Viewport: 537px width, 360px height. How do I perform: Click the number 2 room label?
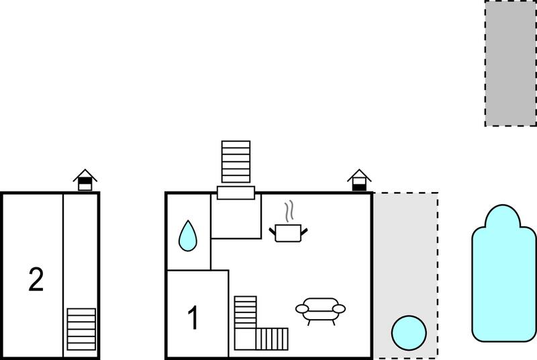(x=36, y=279)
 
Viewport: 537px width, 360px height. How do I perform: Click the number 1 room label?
(x=193, y=318)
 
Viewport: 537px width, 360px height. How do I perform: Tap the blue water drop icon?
(x=188, y=236)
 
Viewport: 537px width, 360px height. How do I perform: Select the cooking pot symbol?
(x=288, y=233)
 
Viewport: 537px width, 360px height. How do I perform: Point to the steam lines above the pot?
(x=289, y=212)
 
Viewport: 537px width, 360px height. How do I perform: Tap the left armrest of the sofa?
(x=302, y=309)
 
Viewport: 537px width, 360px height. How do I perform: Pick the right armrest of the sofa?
(x=339, y=309)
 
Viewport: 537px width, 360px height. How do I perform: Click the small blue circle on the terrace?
(x=409, y=333)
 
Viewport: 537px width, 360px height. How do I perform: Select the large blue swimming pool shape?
(x=504, y=273)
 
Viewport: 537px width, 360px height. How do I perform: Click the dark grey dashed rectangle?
(x=511, y=63)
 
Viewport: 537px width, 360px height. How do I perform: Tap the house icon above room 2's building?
(x=85, y=180)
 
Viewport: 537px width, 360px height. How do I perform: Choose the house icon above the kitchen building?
(x=359, y=180)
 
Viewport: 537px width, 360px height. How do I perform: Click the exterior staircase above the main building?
(x=236, y=162)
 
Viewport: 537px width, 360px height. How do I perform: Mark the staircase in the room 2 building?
(x=81, y=329)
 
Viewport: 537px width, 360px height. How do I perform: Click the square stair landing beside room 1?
(x=245, y=339)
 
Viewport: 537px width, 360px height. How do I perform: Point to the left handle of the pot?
(x=273, y=231)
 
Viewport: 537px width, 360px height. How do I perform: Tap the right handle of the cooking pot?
(x=304, y=232)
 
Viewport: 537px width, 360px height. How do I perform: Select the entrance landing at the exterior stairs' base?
(x=236, y=193)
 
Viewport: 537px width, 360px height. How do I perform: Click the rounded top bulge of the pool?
(x=503, y=216)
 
